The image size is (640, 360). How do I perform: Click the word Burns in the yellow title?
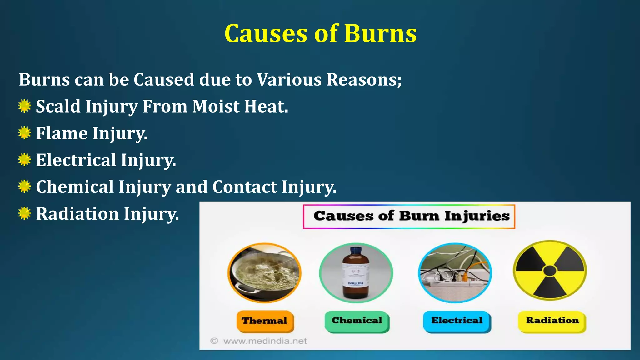[x=380, y=33]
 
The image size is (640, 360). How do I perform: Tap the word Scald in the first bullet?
[x=58, y=107]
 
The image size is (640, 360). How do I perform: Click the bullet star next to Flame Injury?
[x=24, y=133]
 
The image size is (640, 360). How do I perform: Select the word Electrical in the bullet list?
[x=76, y=160]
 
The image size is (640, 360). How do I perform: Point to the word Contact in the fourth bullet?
[x=244, y=187]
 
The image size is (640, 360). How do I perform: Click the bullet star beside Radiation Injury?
[x=24, y=214]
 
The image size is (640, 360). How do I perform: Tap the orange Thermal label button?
[x=265, y=321]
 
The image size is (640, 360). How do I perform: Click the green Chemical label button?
[x=357, y=321]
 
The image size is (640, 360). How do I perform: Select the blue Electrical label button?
[x=457, y=321]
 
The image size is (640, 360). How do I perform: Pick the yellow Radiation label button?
[x=552, y=321]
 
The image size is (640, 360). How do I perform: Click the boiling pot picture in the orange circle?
[x=264, y=272]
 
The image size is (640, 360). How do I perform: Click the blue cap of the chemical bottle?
[x=356, y=250]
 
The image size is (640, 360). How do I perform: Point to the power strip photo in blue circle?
[x=455, y=273]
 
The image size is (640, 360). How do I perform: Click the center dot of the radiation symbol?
[x=550, y=271]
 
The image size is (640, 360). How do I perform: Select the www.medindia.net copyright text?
[x=264, y=341]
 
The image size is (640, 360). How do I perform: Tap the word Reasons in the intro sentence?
[x=363, y=80]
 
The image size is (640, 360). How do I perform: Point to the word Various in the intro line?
[x=289, y=80]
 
